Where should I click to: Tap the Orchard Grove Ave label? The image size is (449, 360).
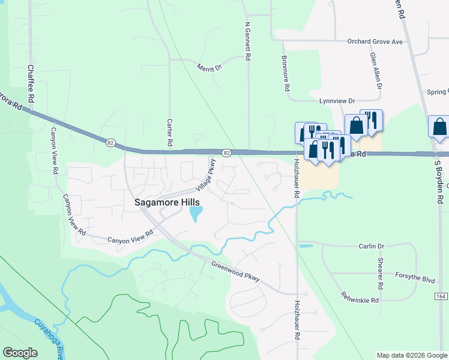click(375, 42)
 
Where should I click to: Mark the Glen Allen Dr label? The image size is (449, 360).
click(376, 70)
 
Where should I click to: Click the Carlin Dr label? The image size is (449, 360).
click(371, 246)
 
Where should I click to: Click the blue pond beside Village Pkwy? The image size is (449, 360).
click(196, 214)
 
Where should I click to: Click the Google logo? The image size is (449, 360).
click(20, 353)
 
